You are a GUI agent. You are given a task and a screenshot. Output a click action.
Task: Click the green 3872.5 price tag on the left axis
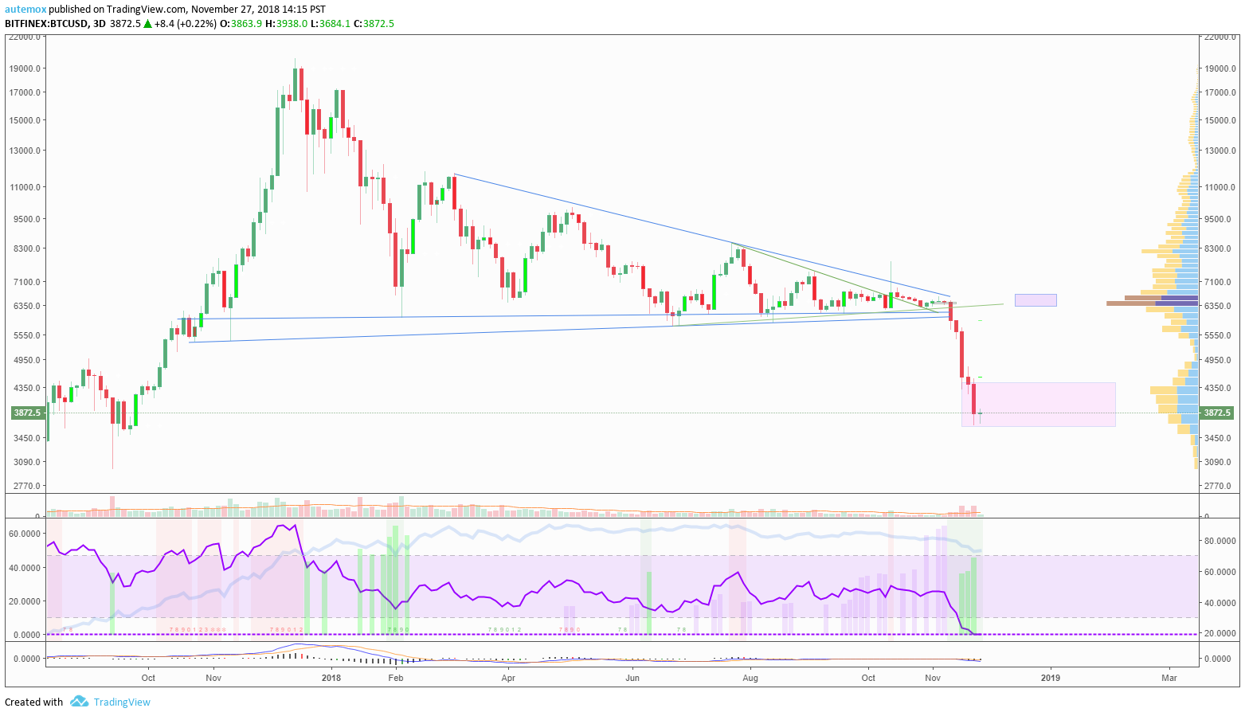click(25, 413)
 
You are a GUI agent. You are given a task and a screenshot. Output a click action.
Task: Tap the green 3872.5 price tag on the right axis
click(1216, 413)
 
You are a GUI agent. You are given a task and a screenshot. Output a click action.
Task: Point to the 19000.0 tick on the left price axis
click(25, 68)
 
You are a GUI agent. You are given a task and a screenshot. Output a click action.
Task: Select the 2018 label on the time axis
click(331, 679)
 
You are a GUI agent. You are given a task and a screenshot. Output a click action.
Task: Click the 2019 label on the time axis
click(1051, 679)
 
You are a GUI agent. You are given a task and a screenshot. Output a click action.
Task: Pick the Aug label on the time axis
click(750, 679)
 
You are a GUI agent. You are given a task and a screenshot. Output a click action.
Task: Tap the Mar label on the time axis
click(1169, 679)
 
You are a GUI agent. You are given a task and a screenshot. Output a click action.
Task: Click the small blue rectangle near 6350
click(1036, 300)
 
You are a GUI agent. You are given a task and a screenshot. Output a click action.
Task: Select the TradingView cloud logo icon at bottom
click(79, 702)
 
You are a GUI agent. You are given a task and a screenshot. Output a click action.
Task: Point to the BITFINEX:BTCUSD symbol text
click(46, 24)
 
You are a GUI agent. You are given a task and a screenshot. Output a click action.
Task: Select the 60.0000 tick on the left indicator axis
click(24, 533)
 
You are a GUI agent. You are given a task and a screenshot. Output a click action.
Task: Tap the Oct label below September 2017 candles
click(148, 679)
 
